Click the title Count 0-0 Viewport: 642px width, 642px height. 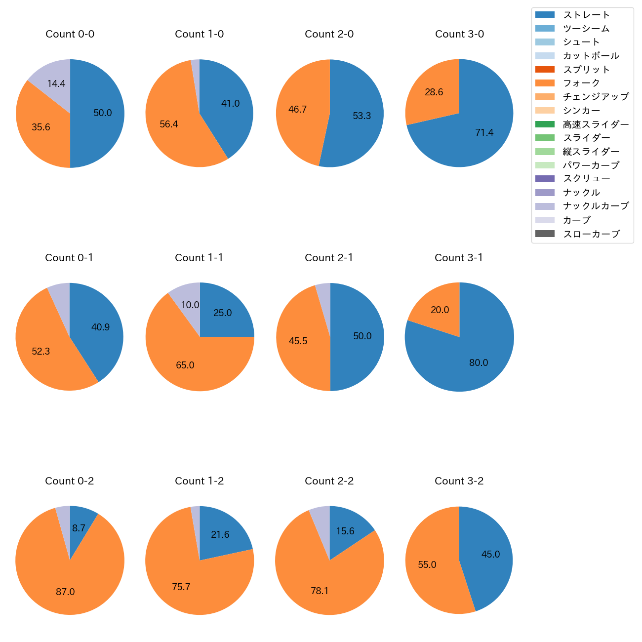click(70, 34)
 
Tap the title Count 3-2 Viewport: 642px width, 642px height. click(459, 481)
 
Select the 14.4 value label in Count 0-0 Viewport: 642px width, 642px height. click(56, 84)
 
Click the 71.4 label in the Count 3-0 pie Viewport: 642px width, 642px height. click(484, 132)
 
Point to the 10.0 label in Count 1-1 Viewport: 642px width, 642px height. click(190, 305)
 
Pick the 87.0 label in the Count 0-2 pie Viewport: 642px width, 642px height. click(65, 592)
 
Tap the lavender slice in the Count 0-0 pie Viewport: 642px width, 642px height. click(52, 79)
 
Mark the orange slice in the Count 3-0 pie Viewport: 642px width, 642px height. click(432, 94)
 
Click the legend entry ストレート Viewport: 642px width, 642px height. click(586, 15)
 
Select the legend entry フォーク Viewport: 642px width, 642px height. click(581, 83)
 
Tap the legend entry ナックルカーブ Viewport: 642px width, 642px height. click(596, 206)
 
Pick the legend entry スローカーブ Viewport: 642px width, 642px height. click(591, 234)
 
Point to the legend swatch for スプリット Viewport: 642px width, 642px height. click(545, 69)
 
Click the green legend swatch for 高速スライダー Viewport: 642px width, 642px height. click(545, 124)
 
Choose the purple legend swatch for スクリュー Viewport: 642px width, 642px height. click(545, 179)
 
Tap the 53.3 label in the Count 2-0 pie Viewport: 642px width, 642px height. click(361, 116)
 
